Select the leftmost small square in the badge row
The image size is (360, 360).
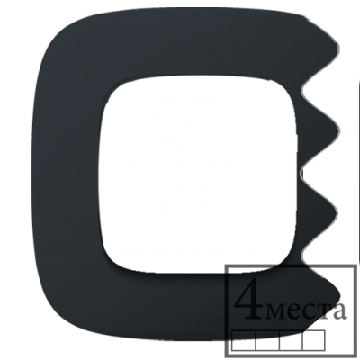pos(244,340)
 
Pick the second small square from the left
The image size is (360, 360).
pos(267,340)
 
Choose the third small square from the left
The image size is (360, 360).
pos(291,340)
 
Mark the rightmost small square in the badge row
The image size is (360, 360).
pos(314,340)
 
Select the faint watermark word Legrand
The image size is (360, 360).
pos(184,142)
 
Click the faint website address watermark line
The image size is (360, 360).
pos(195,251)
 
